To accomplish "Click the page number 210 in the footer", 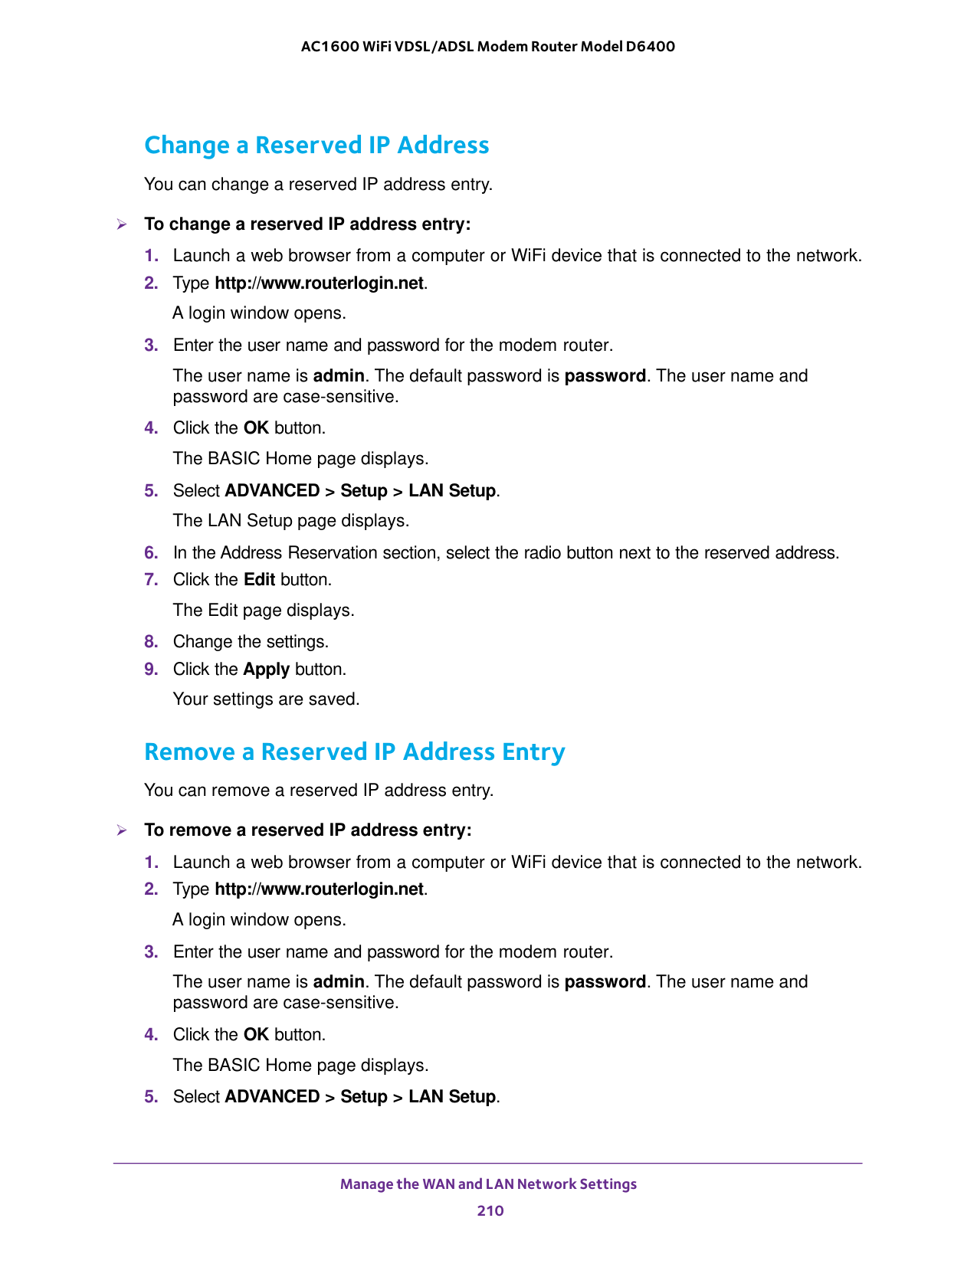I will point(490,1210).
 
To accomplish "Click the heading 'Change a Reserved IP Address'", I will point(316,145).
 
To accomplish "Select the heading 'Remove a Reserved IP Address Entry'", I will point(354,752).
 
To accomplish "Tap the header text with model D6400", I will point(488,47).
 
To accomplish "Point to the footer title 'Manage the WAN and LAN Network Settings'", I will point(488,1184).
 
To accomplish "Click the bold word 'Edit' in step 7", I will point(259,580).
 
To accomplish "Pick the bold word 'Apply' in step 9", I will point(266,670).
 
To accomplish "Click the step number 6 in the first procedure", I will point(151,553).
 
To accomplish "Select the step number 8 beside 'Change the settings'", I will point(151,642).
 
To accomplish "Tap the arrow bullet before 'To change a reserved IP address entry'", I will point(121,224).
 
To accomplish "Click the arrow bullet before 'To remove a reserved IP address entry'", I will point(121,830).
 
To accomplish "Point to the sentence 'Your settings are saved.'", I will point(266,699).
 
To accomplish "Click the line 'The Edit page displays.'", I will point(264,611).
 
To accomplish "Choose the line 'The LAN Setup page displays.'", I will point(291,521).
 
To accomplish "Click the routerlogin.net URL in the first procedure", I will point(319,283).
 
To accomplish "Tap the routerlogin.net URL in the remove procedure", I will point(319,889).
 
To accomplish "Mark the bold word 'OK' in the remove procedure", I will point(256,1035).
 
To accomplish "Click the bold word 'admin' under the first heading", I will point(339,376).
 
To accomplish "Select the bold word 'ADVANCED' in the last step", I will point(272,1097).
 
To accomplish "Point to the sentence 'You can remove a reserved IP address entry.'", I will point(319,791).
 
